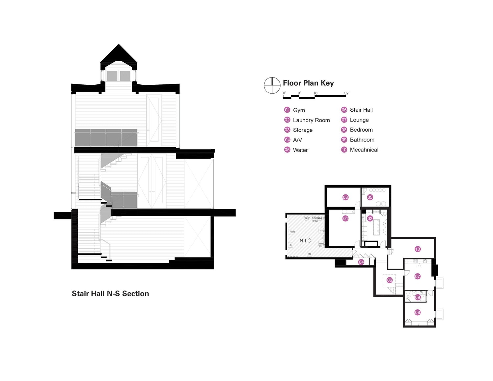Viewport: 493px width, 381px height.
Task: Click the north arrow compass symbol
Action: (x=272, y=85)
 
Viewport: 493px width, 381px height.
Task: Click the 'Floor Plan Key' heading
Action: (x=308, y=83)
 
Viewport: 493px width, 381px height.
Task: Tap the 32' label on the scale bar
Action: (x=346, y=93)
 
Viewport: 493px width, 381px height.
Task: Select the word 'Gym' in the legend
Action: (x=299, y=110)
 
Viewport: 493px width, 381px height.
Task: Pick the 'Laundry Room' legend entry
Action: (x=311, y=120)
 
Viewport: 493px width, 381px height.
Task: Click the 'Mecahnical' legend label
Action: (x=364, y=150)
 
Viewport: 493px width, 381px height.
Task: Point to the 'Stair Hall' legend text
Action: (x=361, y=110)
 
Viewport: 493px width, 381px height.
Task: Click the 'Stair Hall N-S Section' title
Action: (x=110, y=294)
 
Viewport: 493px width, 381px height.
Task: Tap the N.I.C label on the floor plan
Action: (x=305, y=241)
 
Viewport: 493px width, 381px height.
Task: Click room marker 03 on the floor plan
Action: (x=345, y=197)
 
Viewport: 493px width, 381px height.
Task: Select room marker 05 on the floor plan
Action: (x=370, y=197)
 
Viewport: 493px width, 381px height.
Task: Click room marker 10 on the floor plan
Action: (x=417, y=249)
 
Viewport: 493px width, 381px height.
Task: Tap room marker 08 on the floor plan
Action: (x=417, y=312)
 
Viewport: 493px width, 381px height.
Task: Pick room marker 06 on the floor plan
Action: (x=389, y=280)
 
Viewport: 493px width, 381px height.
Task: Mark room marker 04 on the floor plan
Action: (x=361, y=262)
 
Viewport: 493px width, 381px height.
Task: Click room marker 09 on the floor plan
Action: (x=417, y=297)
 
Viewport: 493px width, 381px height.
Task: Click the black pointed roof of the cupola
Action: (x=118, y=54)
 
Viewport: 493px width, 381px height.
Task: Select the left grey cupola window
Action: (x=112, y=76)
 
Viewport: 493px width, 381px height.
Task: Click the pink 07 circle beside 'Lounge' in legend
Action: (x=344, y=120)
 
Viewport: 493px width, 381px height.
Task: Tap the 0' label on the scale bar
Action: (x=284, y=93)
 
